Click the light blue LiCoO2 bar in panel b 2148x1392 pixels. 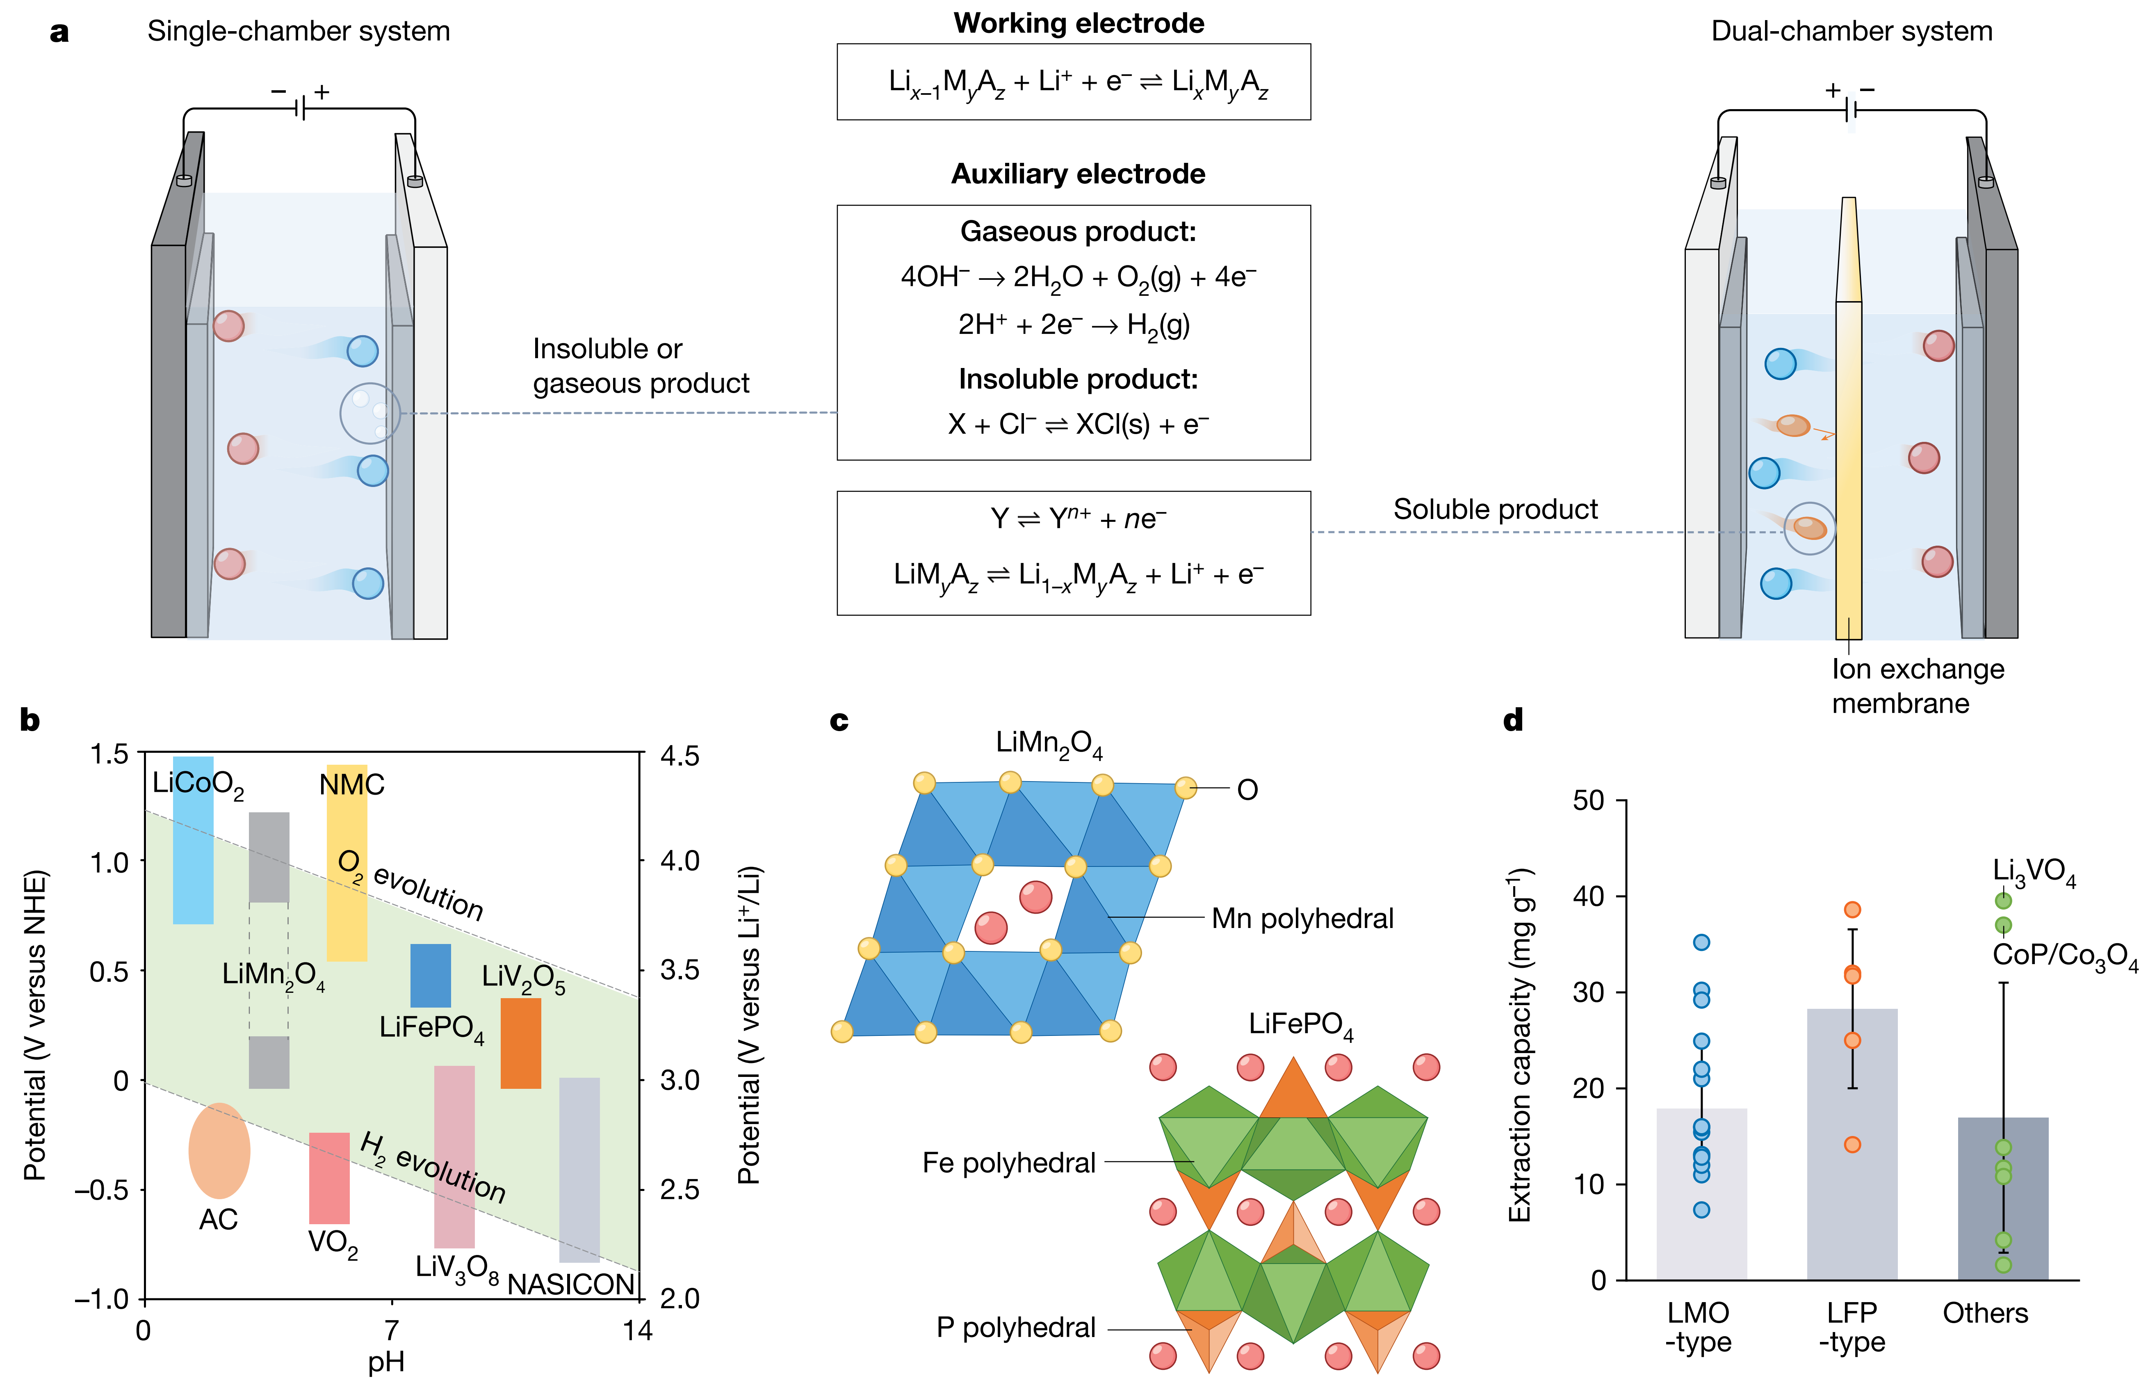(193, 866)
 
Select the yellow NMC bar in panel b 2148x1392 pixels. (347, 903)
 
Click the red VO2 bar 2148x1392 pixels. (329, 1178)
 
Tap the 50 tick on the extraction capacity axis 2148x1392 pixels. (1588, 801)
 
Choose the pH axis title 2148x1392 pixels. (386, 1361)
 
